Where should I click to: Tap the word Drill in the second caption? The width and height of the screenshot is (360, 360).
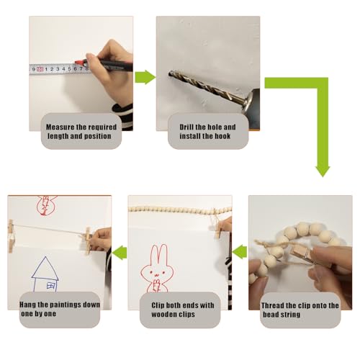(186, 127)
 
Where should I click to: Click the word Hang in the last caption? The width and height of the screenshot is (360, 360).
(27, 305)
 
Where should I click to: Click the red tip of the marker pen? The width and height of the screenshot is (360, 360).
(78, 62)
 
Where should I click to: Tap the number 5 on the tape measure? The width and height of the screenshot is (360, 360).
(69, 69)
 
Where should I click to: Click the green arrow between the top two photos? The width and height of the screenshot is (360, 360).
(145, 77)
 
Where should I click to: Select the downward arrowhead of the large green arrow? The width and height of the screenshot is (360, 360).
(323, 171)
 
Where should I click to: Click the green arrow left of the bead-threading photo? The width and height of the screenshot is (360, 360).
(240, 251)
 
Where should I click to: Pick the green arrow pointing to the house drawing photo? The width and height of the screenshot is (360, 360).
(120, 253)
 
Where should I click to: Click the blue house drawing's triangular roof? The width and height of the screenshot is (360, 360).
(45, 269)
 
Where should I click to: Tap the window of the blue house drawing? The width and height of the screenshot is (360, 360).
(51, 286)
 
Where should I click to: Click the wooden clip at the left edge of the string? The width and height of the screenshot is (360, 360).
(11, 236)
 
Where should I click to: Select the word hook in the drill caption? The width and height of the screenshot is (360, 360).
(222, 136)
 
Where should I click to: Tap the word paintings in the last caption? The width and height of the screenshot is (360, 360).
(65, 305)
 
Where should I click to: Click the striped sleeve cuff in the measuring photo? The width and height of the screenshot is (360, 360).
(123, 115)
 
